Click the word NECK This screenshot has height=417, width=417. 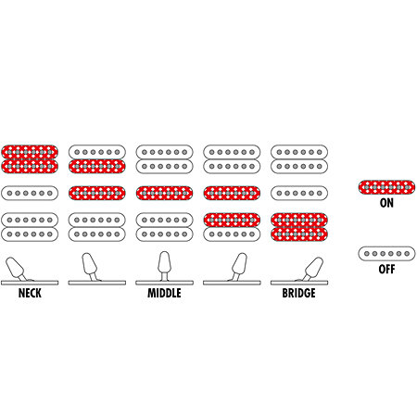(30, 293)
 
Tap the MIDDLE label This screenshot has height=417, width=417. (164, 293)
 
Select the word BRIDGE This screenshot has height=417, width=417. (299, 293)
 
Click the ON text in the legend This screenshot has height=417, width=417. (386, 203)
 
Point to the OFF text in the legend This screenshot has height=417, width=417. (386, 269)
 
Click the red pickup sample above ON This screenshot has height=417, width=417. (386, 187)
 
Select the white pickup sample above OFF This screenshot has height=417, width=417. (386, 254)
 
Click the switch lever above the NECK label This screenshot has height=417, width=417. (16, 267)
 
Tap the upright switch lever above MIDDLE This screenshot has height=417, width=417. (164, 265)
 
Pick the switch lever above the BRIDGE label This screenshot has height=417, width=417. (312, 268)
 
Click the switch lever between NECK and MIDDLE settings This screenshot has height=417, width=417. (90, 266)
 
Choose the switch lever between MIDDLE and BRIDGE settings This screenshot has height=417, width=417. (239, 266)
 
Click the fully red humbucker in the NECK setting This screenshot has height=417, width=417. (30, 159)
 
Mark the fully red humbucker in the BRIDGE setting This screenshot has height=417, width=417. (299, 227)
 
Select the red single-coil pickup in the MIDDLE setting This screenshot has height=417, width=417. (164, 193)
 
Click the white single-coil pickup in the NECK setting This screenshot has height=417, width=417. (30, 193)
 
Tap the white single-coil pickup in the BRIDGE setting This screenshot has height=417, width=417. (299, 193)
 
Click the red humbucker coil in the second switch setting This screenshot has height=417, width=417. (97, 166)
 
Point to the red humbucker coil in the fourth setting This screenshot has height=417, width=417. (232, 220)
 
